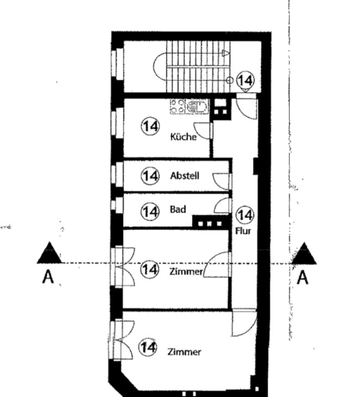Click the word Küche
coord(184,137)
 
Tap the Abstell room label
coord(185,176)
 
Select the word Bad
coord(178,209)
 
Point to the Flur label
coord(243,231)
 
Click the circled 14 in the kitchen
coord(151,126)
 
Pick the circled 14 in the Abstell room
coord(151,176)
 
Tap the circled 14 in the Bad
coord(151,212)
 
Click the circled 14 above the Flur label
coord(245,215)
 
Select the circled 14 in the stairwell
coord(246,80)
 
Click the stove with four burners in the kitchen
coord(177,107)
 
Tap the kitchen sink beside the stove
coord(197,107)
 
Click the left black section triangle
coord(49,253)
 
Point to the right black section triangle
coord(304,253)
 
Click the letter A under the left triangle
coord(48,277)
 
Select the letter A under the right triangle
coord(303,277)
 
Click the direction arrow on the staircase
coord(226,53)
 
